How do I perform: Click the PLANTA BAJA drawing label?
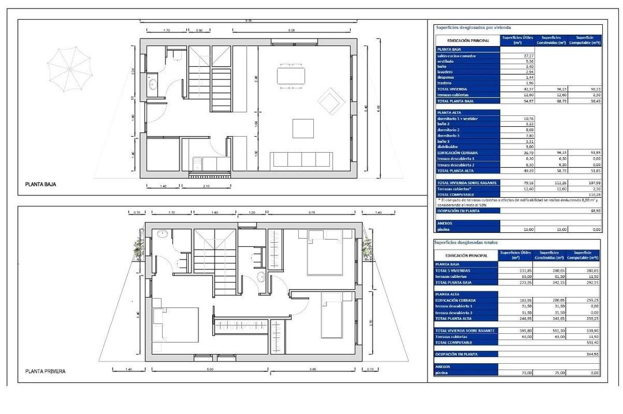pos(40,185)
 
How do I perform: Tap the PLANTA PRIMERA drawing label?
pos(45,371)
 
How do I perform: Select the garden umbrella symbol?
pos(69,67)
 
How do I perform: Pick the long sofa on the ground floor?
pos(301,160)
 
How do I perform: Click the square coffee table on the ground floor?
pos(303,129)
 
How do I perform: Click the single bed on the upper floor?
pos(332,314)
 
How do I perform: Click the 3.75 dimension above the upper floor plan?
pos(312,213)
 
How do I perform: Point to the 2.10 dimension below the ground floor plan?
pos(207,187)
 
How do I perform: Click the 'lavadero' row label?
pos(445,71)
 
